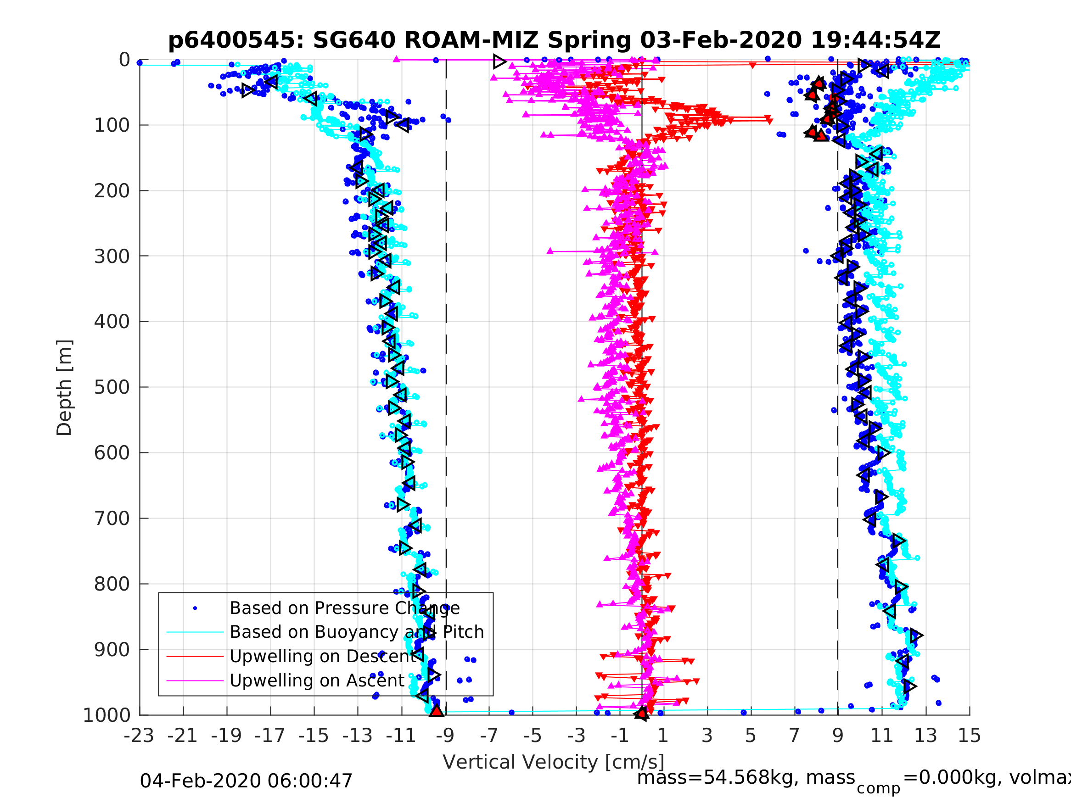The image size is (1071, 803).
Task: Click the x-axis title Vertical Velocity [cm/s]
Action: [554, 762]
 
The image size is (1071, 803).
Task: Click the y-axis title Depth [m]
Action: [64, 387]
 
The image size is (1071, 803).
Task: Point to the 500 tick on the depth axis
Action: [112, 387]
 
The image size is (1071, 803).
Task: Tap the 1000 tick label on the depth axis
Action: [107, 715]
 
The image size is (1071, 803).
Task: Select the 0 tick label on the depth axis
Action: [124, 60]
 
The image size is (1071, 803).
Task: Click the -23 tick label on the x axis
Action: [139, 736]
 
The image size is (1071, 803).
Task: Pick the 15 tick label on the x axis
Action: [970, 736]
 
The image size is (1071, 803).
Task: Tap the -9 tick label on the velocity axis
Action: [445, 736]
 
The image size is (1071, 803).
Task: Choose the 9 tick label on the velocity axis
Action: [838, 736]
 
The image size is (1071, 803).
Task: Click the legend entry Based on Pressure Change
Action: [344, 608]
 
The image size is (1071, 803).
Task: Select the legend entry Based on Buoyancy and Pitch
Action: [356, 632]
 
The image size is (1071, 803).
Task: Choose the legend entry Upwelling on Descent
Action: [323, 656]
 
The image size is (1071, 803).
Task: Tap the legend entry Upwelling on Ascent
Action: [317, 680]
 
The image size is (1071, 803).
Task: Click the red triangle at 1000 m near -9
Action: [437, 711]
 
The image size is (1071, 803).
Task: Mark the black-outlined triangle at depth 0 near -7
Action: [499, 61]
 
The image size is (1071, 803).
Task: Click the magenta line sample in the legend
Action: [195, 681]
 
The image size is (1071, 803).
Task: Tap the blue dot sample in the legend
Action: [195, 608]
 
